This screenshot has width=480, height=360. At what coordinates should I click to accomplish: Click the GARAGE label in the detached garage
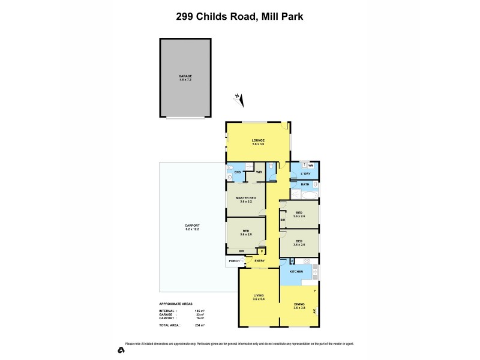click(x=185, y=76)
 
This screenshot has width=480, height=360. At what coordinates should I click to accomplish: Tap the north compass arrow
click(x=239, y=100)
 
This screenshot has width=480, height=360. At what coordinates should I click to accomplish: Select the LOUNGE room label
click(x=258, y=141)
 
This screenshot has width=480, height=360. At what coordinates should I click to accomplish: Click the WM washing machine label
click(x=311, y=165)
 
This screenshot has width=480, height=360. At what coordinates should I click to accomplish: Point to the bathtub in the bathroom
click(x=304, y=196)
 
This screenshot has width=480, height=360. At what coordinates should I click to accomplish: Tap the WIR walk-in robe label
click(x=259, y=172)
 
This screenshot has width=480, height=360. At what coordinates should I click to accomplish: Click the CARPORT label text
click(x=191, y=226)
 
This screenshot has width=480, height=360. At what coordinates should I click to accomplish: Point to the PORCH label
click(x=234, y=261)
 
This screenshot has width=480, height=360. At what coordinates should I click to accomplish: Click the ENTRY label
click(x=260, y=261)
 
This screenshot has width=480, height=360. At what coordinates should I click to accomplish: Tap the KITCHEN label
click(x=297, y=272)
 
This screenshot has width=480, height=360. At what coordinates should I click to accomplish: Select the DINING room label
click(x=299, y=304)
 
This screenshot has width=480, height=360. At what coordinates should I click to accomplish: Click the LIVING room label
click(x=258, y=295)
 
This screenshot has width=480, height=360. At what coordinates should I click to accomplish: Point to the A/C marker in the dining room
click(x=315, y=310)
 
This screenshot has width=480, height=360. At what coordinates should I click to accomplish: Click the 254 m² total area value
click(x=199, y=325)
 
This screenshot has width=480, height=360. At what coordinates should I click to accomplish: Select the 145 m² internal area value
click(x=199, y=310)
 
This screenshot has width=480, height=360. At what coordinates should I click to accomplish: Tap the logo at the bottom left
click(x=121, y=349)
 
